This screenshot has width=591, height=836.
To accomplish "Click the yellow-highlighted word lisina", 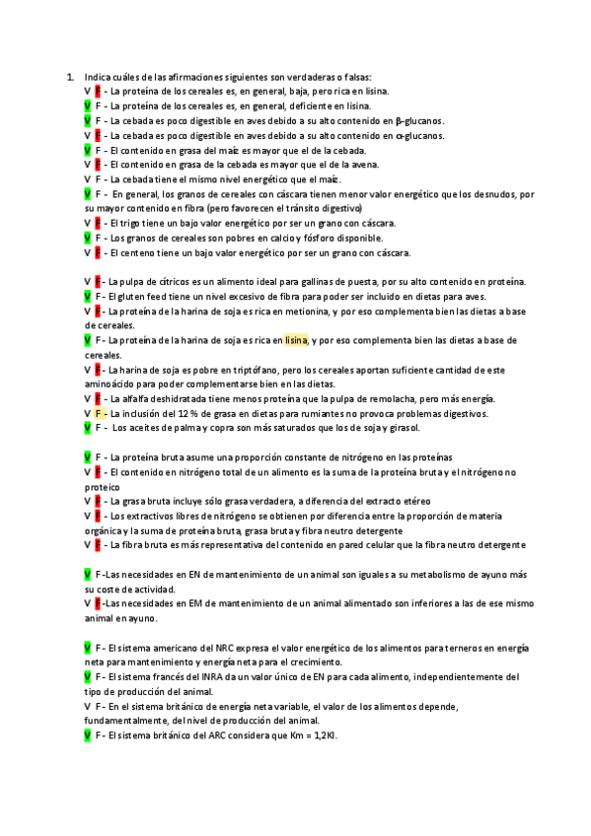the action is (x=296, y=340).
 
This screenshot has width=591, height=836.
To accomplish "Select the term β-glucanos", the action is (x=420, y=120).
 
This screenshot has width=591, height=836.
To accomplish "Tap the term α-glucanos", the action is (x=420, y=135).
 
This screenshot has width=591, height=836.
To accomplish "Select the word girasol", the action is (x=404, y=429).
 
